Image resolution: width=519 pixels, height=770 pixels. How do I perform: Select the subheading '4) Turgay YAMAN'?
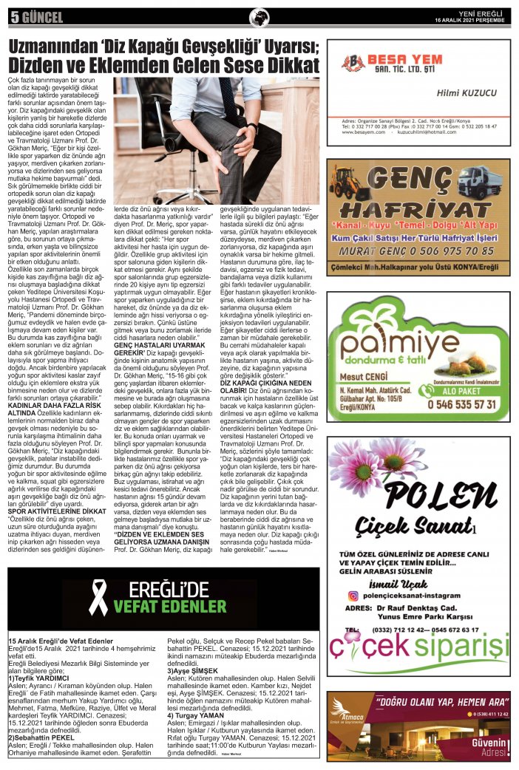pyautogui.click(x=194, y=716)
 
